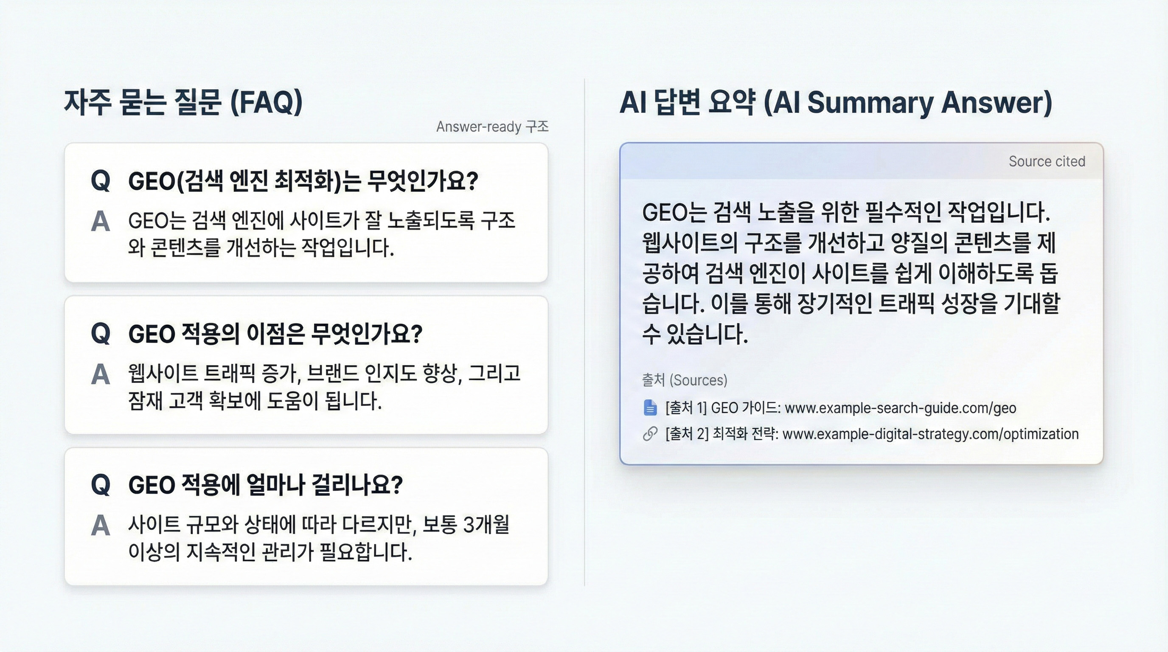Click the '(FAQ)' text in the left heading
pos(266,102)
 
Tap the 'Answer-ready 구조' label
pos(492,127)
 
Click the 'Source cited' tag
pos(1047,161)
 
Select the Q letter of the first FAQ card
pos(101,181)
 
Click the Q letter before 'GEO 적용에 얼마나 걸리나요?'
pos(101,485)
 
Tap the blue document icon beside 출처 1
pos(650,407)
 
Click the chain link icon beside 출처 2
pos(650,434)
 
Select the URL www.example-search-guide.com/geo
pos(900,408)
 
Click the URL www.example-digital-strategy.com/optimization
pos(930,434)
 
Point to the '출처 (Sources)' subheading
pos(684,380)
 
